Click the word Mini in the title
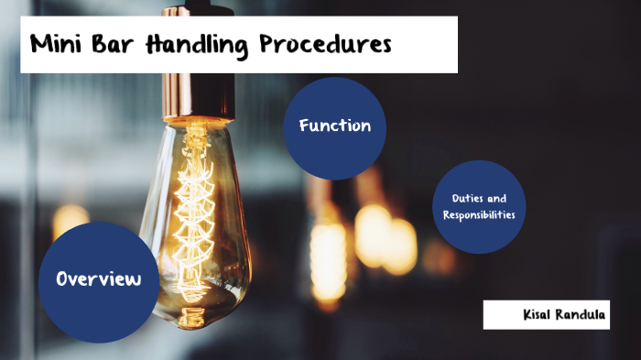(x=54, y=44)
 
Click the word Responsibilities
(x=479, y=215)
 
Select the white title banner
(x=238, y=44)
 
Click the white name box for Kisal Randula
(x=546, y=315)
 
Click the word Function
(x=335, y=126)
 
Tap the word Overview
(x=99, y=279)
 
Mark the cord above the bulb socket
(x=194, y=7)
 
